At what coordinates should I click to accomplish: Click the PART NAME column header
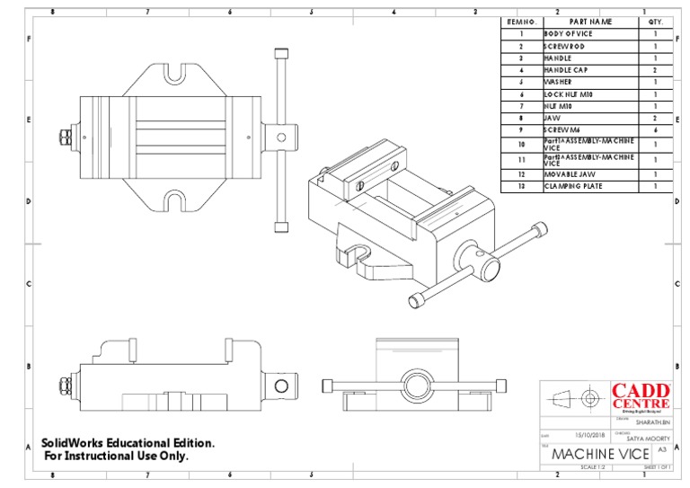click(x=590, y=22)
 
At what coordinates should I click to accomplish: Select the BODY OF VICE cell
click(x=568, y=33)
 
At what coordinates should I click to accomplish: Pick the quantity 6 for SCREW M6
click(x=656, y=130)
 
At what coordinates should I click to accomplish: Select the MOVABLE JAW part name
click(x=569, y=173)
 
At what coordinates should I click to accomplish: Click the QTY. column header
click(x=656, y=22)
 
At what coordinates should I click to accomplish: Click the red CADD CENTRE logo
click(x=641, y=396)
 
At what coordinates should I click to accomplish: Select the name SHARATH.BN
click(x=652, y=420)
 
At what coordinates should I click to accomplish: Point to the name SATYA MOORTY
click(x=648, y=438)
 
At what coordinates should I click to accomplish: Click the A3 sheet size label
click(x=661, y=448)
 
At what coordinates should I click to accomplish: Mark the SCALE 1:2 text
click(x=594, y=467)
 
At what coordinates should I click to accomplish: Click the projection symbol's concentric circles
click(x=590, y=398)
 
